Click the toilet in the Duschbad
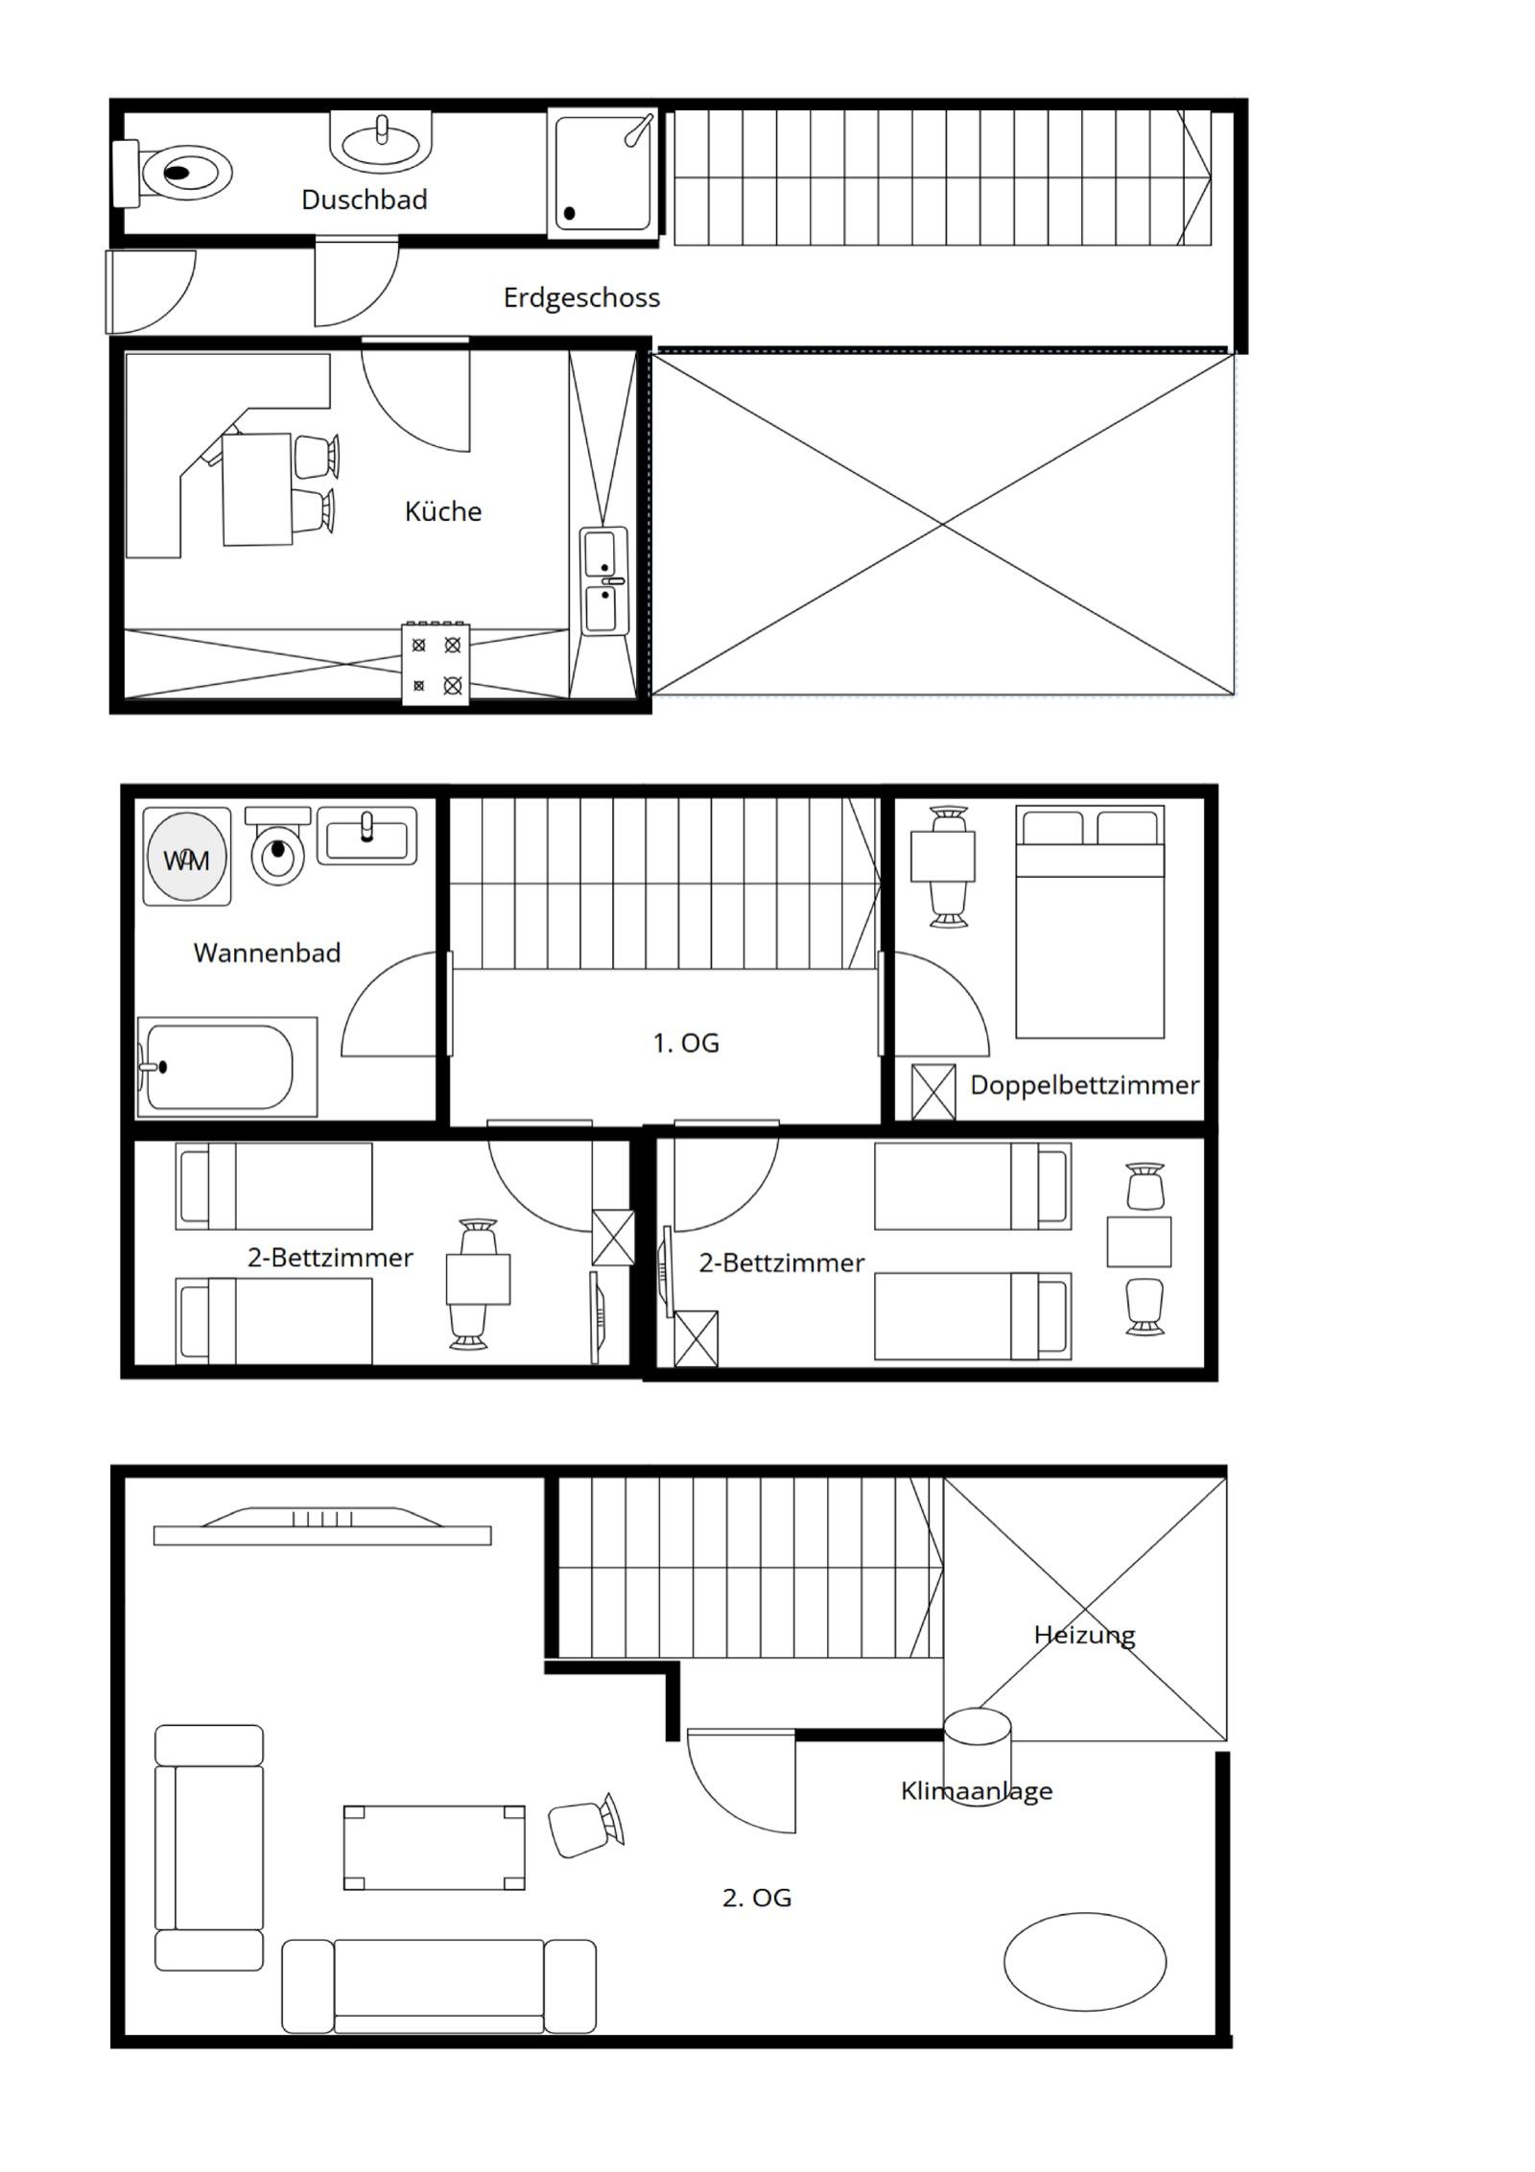pos(173,174)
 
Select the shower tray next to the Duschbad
pos(603,174)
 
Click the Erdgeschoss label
pos(581,297)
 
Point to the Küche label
pos(443,511)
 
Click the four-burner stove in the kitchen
pos(436,664)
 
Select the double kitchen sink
pos(604,581)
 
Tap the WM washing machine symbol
pos(187,857)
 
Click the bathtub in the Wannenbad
pos(226,1067)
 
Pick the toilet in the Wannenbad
pos(278,845)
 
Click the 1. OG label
pos(686,1043)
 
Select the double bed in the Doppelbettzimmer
pos(1090,922)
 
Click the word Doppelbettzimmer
pos(1084,1085)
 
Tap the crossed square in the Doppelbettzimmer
pos(933,1092)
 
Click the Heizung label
pos(1084,1635)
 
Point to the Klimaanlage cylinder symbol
pos(977,1758)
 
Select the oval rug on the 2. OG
pos(1085,1962)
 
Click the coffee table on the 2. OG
pos(435,1848)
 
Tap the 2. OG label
pos(757,1898)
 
